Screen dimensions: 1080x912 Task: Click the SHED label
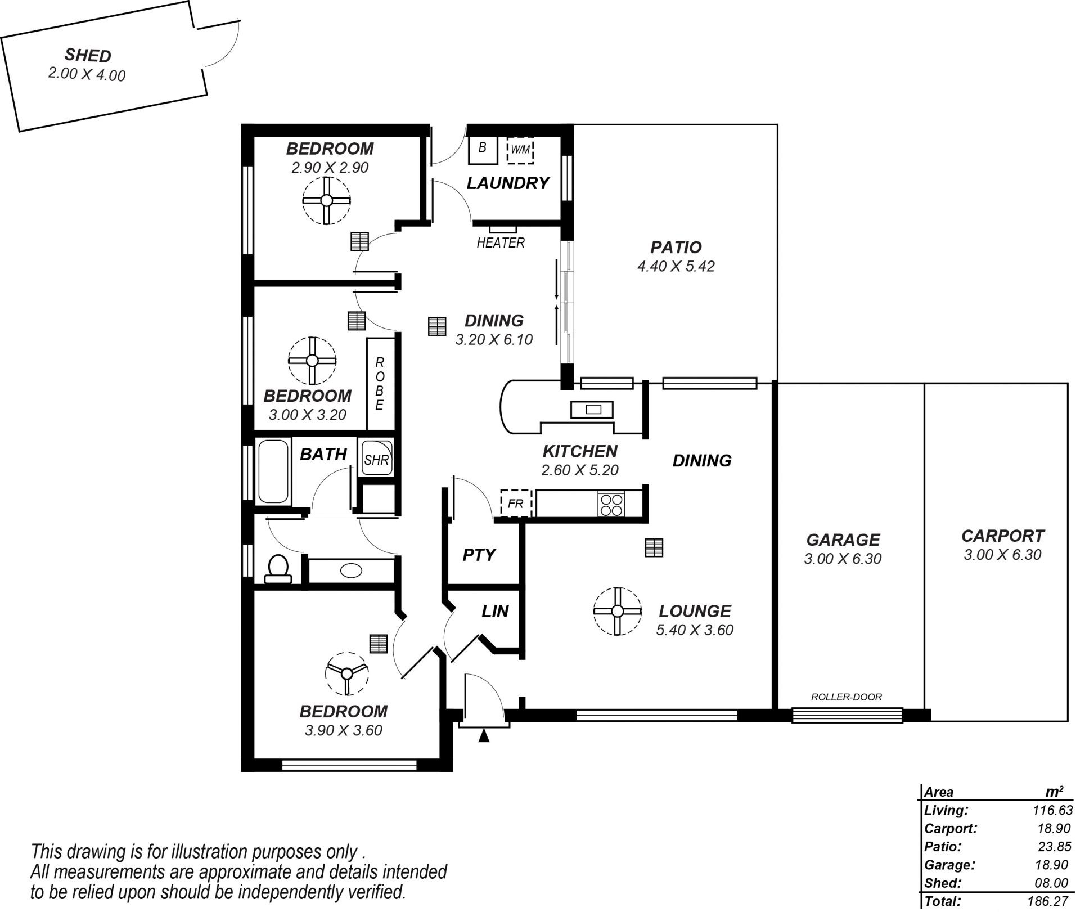88,55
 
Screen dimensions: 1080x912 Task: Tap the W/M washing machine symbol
520,150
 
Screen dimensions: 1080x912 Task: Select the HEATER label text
501,242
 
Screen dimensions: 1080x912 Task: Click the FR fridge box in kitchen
516,503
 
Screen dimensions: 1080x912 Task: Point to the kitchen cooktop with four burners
611,504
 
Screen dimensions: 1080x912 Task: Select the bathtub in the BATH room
273,471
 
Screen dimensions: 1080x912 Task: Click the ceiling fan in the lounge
617,611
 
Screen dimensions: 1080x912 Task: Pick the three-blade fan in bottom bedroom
347,673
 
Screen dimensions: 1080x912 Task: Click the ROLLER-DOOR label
846,697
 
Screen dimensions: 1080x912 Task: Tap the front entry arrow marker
484,735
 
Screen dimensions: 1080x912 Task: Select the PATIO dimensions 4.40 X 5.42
676,266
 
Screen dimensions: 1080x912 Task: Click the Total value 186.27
1047,901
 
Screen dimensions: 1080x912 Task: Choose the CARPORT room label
1002,536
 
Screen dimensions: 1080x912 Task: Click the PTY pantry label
479,555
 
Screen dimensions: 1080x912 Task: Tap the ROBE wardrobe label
380,383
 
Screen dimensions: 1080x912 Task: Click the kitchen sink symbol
592,410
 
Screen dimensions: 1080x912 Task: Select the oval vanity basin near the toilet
352,570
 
